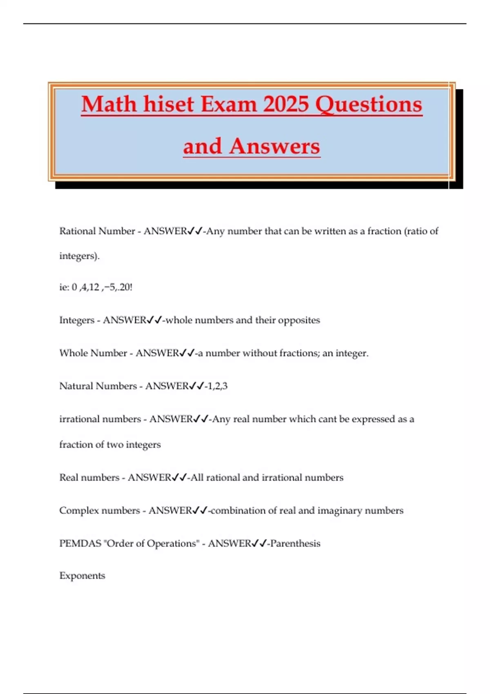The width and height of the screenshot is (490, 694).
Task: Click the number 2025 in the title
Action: [x=286, y=104]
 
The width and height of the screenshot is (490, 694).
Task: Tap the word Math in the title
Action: [x=109, y=104]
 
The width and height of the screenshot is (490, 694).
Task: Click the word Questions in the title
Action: [x=369, y=104]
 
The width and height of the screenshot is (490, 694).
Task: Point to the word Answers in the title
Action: [x=274, y=146]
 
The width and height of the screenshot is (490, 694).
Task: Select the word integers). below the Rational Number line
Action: [x=79, y=256]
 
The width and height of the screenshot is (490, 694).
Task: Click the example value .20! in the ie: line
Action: [x=124, y=287]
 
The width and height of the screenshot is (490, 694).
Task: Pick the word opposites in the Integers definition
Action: [x=299, y=320]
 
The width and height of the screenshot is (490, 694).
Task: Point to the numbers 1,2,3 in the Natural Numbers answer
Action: [x=217, y=386]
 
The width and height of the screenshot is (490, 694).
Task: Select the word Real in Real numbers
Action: [x=68, y=478]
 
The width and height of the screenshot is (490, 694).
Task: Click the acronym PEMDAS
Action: [x=80, y=544]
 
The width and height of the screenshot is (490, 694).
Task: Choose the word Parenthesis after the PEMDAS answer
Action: [x=295, y=544]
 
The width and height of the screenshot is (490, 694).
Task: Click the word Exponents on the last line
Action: [x=82, y=576]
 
